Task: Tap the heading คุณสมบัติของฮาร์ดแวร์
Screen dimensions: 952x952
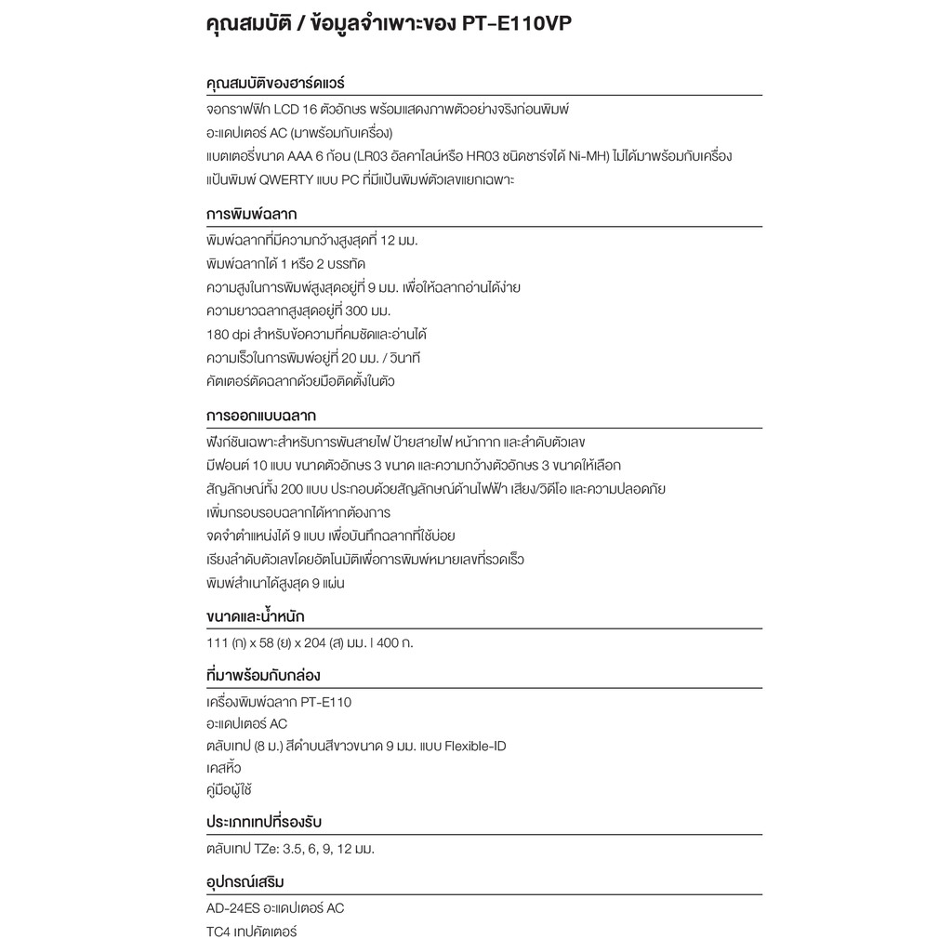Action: [x=276, y=83]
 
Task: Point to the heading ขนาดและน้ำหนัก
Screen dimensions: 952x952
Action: [x=255, y=616]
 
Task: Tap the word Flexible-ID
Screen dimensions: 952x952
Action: [x=475, y=746]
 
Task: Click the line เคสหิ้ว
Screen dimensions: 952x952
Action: [x=223, y=769]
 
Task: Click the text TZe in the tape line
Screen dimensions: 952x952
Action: [x=277, y=849]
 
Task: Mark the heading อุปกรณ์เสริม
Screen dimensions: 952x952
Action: [x=245, y=881]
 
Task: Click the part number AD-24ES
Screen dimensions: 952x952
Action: [x=233, y=907]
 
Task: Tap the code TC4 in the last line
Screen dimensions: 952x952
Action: [x=218, y=931]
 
